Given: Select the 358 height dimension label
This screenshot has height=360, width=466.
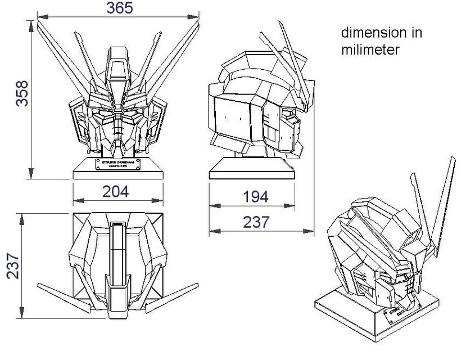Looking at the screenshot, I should [22, 93].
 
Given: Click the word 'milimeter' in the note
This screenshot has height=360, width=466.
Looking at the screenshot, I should [370, 49].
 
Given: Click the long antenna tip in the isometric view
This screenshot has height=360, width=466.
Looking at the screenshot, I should [453, 160].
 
